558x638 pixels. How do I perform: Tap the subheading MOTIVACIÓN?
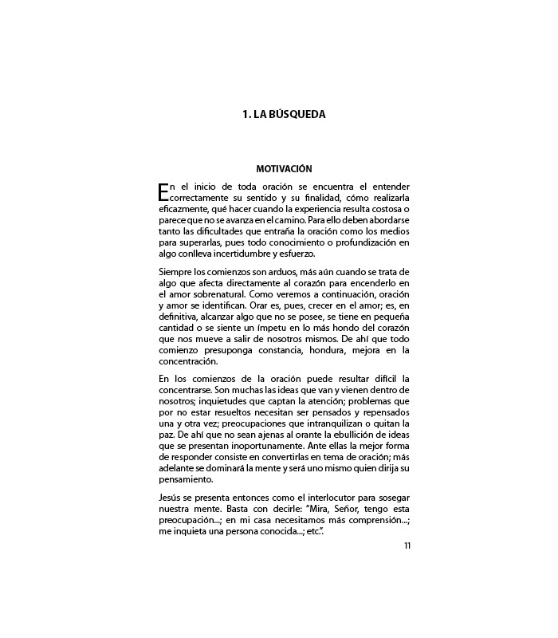click(x=285, y=169)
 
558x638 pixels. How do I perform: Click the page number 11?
click(x=407, y=545)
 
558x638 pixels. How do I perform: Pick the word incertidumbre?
click(x=242, y=254)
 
